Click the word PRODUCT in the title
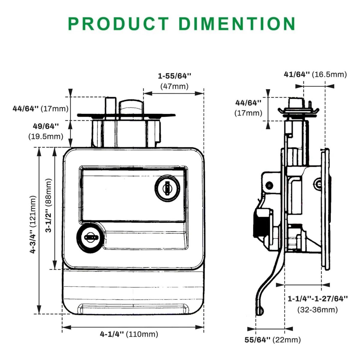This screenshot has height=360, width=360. tap(118, 24)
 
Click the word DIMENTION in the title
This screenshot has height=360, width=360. tap(237, 24)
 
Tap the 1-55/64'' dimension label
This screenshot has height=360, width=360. tap(175, 76)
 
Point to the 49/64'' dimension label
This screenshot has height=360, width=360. tap(46, 126)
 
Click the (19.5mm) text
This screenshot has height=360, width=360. tap(46, 136)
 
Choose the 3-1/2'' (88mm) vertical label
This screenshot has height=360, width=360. tap(48, 205)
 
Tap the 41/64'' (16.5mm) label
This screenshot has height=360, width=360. tap(315, 74)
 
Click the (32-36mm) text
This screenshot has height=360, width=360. tap(318, 310)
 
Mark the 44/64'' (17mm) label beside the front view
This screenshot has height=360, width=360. tap(40, 109)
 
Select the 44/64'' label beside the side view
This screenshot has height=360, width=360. tap(248, 103)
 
